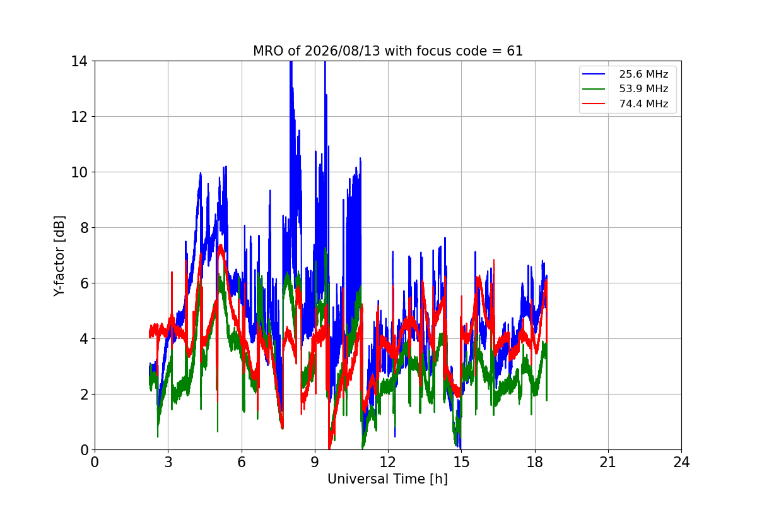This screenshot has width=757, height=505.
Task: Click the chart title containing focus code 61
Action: point(387,51)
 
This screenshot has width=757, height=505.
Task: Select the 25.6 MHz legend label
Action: point(643,74)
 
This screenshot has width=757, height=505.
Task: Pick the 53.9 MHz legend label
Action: point(643,88)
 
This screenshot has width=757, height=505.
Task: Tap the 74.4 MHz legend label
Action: point(643,104)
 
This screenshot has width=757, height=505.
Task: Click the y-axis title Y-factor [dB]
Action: point(59,256)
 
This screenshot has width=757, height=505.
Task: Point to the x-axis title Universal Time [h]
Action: point(387,479)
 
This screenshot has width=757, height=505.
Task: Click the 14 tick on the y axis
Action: point(79,61)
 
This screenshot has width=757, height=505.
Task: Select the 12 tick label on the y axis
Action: point(79,117)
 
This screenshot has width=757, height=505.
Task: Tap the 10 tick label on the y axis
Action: point(79,172)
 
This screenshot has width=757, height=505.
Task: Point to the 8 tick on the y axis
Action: point(84,228)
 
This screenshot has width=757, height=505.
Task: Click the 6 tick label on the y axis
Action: point(84,283)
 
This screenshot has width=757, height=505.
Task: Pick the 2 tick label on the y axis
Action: point(84,395)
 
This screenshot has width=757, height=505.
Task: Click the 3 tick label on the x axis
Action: point(168,462)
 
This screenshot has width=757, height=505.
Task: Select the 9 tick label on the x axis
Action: point(315,462)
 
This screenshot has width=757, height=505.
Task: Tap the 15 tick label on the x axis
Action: point(462,462)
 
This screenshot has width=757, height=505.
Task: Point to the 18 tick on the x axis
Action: point(535,462)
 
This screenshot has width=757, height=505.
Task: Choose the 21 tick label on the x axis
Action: point(608,462)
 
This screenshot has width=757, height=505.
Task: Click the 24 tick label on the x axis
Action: point(682,462)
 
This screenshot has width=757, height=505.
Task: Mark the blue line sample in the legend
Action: point(594,74)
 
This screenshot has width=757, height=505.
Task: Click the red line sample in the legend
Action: point(594,104)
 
